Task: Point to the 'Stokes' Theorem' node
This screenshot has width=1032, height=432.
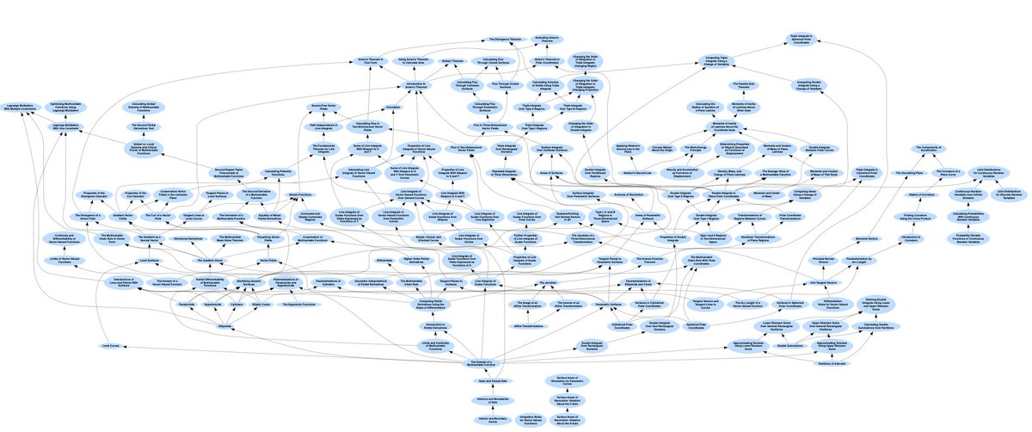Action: point(452,62)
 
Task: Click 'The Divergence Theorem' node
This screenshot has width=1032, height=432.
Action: point(505,40)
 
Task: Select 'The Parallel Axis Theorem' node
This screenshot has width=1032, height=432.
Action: point(746,85)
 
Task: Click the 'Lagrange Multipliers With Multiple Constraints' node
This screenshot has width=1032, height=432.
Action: point(28,108)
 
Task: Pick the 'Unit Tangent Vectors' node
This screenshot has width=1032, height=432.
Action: point(823,283)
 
